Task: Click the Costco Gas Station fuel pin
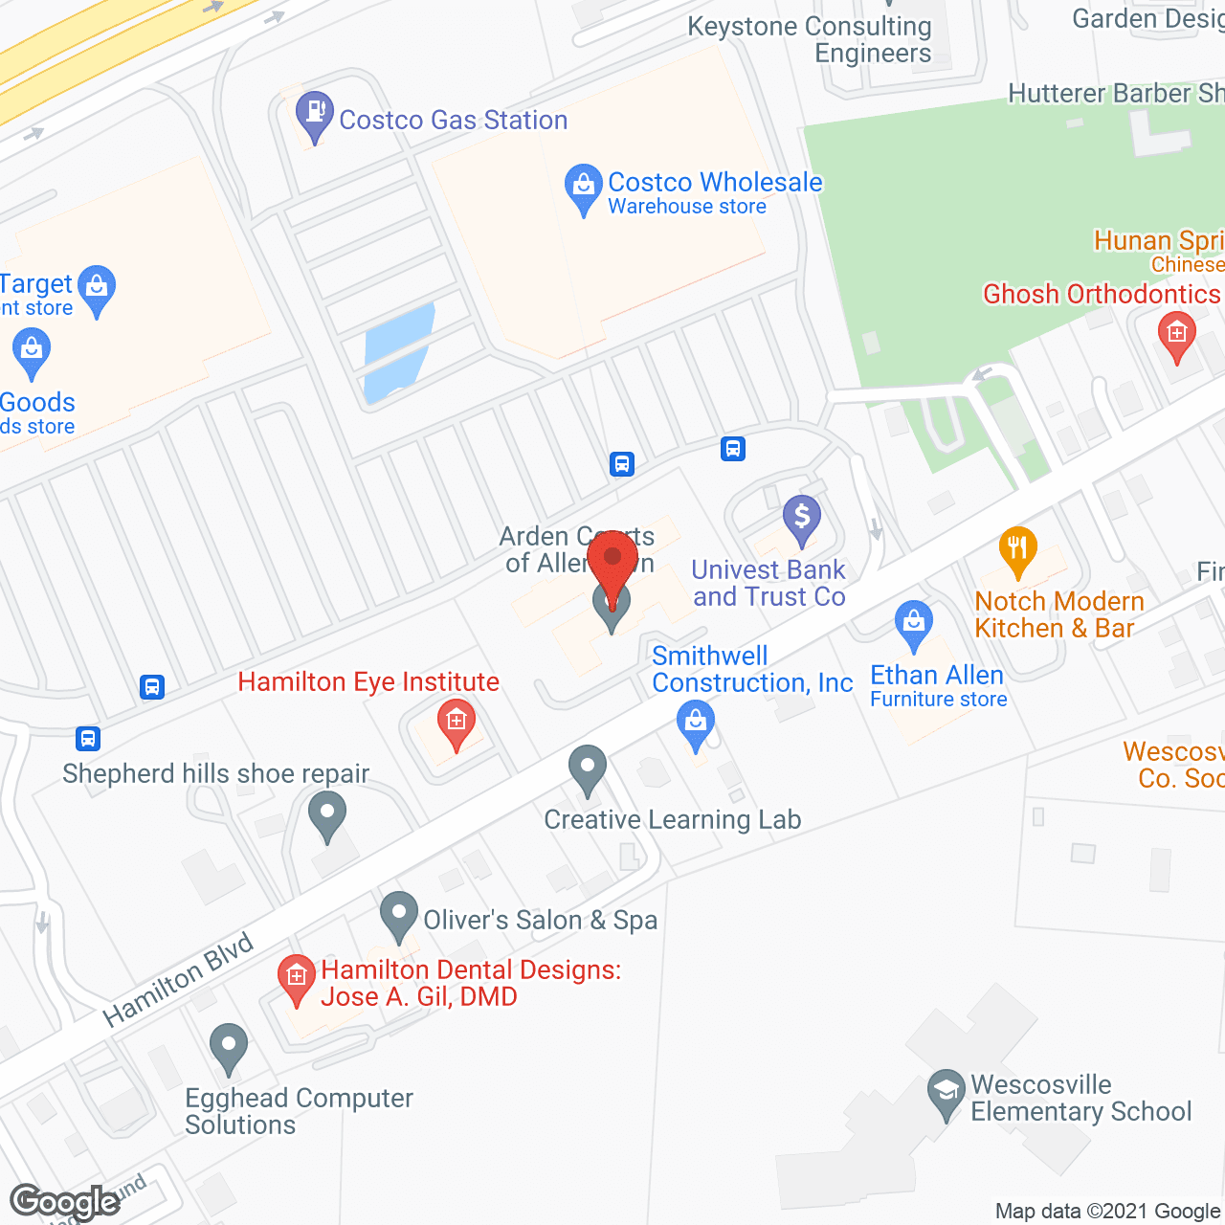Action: (x=314, y=113)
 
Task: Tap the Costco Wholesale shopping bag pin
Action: (x=583, y=188)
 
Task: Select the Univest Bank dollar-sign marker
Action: (x=802, y=519)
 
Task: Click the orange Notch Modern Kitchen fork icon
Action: (x=1017, y=550)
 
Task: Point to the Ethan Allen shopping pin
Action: (x=913, y=623)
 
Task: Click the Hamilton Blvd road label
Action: (x=178, y=979)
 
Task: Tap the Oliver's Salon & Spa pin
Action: (x=399, y=914)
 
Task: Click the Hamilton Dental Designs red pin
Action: (x=297, y=978)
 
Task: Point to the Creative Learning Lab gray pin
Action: (x=588, y=768)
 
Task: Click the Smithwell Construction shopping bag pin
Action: (x=696, y=724)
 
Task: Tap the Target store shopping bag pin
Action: (x=96, y=288)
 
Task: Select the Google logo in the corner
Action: (x=65, y=1202)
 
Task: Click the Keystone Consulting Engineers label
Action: (x=810, y=39)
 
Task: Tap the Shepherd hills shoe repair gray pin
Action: (x=327, y=817)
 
